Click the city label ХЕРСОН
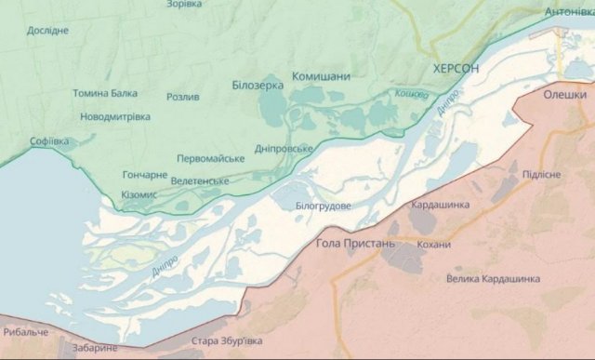click(456, 70)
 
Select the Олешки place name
click(565, 94)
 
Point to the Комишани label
click(322, 76)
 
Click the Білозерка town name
click(257, 85)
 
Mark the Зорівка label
click(184, 5)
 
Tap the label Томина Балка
click(104, 93)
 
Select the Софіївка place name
click(50, 141)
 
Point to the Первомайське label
click(211, 158)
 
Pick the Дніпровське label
click(284, 149)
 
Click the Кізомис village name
click(139, 194)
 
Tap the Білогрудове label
click(324, 205)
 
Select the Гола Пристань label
click(356, 243)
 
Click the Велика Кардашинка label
click(493, 278)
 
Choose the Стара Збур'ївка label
click(227, 341)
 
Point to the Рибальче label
click(25, 332)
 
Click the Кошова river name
click(411, 94)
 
